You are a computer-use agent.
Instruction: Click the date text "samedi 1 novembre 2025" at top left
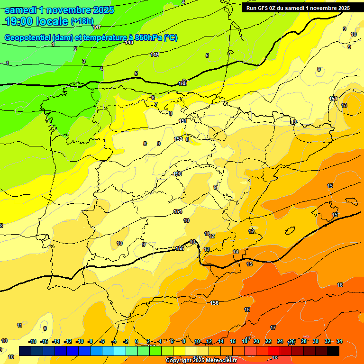[x=59, y=9]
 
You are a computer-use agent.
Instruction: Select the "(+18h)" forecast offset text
[x=82, y=21]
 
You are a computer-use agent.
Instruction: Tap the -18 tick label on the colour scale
[x=33, y=341]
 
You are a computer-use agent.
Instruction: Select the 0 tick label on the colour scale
[x=136, y=341]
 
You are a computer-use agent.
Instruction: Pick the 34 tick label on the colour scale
[x=339, y=341]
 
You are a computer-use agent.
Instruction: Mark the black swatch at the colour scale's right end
[x=333, y=351]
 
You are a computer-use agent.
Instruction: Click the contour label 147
[x=97, y=27]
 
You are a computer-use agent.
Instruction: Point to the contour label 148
[x=129, y=43]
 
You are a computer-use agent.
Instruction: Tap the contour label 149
[x=155, y=55]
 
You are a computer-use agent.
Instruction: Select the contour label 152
[x=178, y=139]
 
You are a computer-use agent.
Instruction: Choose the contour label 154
[x=178, y=211]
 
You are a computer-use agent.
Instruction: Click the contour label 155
[x=180, y=248]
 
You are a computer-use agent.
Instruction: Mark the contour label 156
[x=214, y=303]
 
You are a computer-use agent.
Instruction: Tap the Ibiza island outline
[x=289, y=230]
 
